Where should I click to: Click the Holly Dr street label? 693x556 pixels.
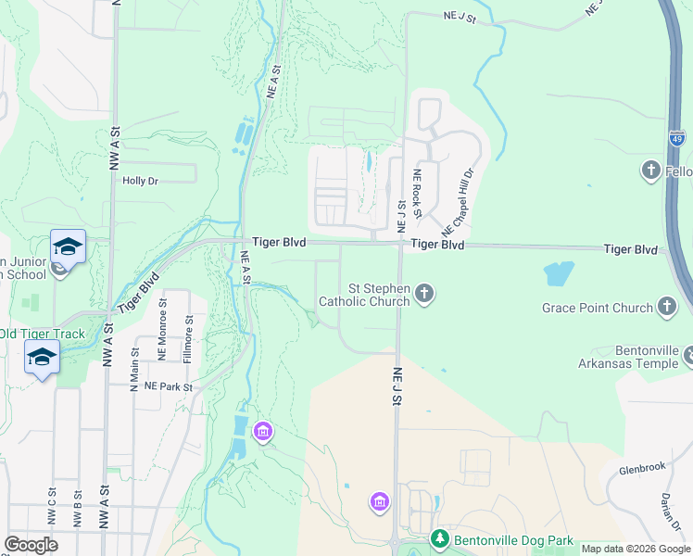tap(142, 182)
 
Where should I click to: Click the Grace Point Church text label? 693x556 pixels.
tap(598, 308)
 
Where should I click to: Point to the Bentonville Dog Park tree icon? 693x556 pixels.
tap(440, 538)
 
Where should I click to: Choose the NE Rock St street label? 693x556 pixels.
tap(418, 194)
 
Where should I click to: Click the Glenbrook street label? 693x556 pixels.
tap(643, 467)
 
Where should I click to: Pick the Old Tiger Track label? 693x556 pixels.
tap(42, 335)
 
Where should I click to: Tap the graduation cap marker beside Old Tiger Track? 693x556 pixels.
tap(43, 357)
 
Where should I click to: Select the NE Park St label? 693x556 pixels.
tap(168, 385)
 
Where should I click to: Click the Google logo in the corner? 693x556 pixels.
tap(31, 545)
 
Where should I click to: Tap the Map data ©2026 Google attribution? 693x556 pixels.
tap(636, 549)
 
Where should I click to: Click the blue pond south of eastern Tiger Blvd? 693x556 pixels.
tap(559, 273)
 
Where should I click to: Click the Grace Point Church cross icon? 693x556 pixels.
tap(666, 307)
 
